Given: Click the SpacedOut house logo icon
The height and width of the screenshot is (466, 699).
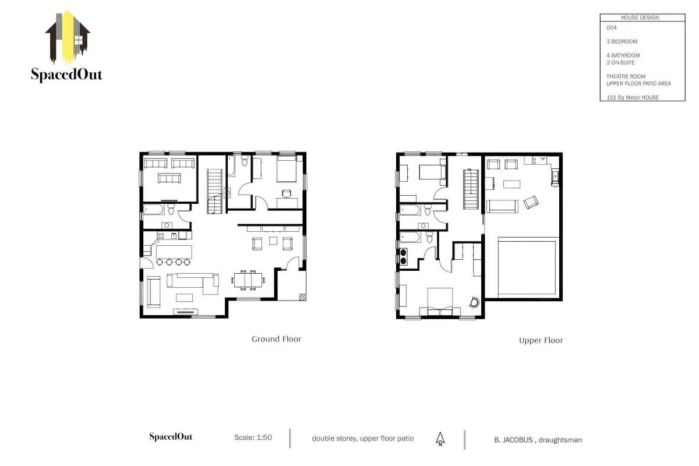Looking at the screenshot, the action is coord(68,37).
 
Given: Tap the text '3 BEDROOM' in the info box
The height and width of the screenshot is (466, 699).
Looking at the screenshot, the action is coord(622,41).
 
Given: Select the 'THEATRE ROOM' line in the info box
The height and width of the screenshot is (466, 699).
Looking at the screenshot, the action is coord(626,76).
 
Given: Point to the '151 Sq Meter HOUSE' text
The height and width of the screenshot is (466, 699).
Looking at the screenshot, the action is coord(633,97).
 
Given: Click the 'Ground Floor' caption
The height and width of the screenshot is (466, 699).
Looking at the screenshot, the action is coord(276,339).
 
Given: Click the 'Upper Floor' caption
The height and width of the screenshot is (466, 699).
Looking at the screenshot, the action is coord(541,340).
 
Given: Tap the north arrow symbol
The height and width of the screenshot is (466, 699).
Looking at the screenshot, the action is coord(440,439).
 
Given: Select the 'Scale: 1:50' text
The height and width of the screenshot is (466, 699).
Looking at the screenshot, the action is coord(253,437).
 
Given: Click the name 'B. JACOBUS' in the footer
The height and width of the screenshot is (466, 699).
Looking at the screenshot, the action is coord(513,440).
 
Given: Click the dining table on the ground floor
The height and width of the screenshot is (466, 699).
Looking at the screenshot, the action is coord(248,280).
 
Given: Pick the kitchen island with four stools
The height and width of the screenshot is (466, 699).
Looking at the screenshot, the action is coord(174,255).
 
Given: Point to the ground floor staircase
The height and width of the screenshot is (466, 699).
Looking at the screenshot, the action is coord(215,191).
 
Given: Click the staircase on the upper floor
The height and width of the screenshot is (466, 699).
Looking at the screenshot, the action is coord(471,189).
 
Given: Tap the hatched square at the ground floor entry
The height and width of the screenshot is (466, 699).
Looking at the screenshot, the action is coord(302,297).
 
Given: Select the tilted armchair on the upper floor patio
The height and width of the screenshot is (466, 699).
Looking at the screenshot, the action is coord(531,202).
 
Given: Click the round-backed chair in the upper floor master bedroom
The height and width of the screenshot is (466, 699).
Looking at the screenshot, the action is coord(474,302).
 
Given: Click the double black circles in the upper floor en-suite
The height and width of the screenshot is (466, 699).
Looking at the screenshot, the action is coord(403,256).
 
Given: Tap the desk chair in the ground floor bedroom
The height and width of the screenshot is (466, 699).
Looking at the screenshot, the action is coord(287,193).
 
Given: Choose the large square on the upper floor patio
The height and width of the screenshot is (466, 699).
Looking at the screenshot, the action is coord(527,267).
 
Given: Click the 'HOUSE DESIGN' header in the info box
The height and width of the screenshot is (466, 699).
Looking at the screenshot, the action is coord(640,17).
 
